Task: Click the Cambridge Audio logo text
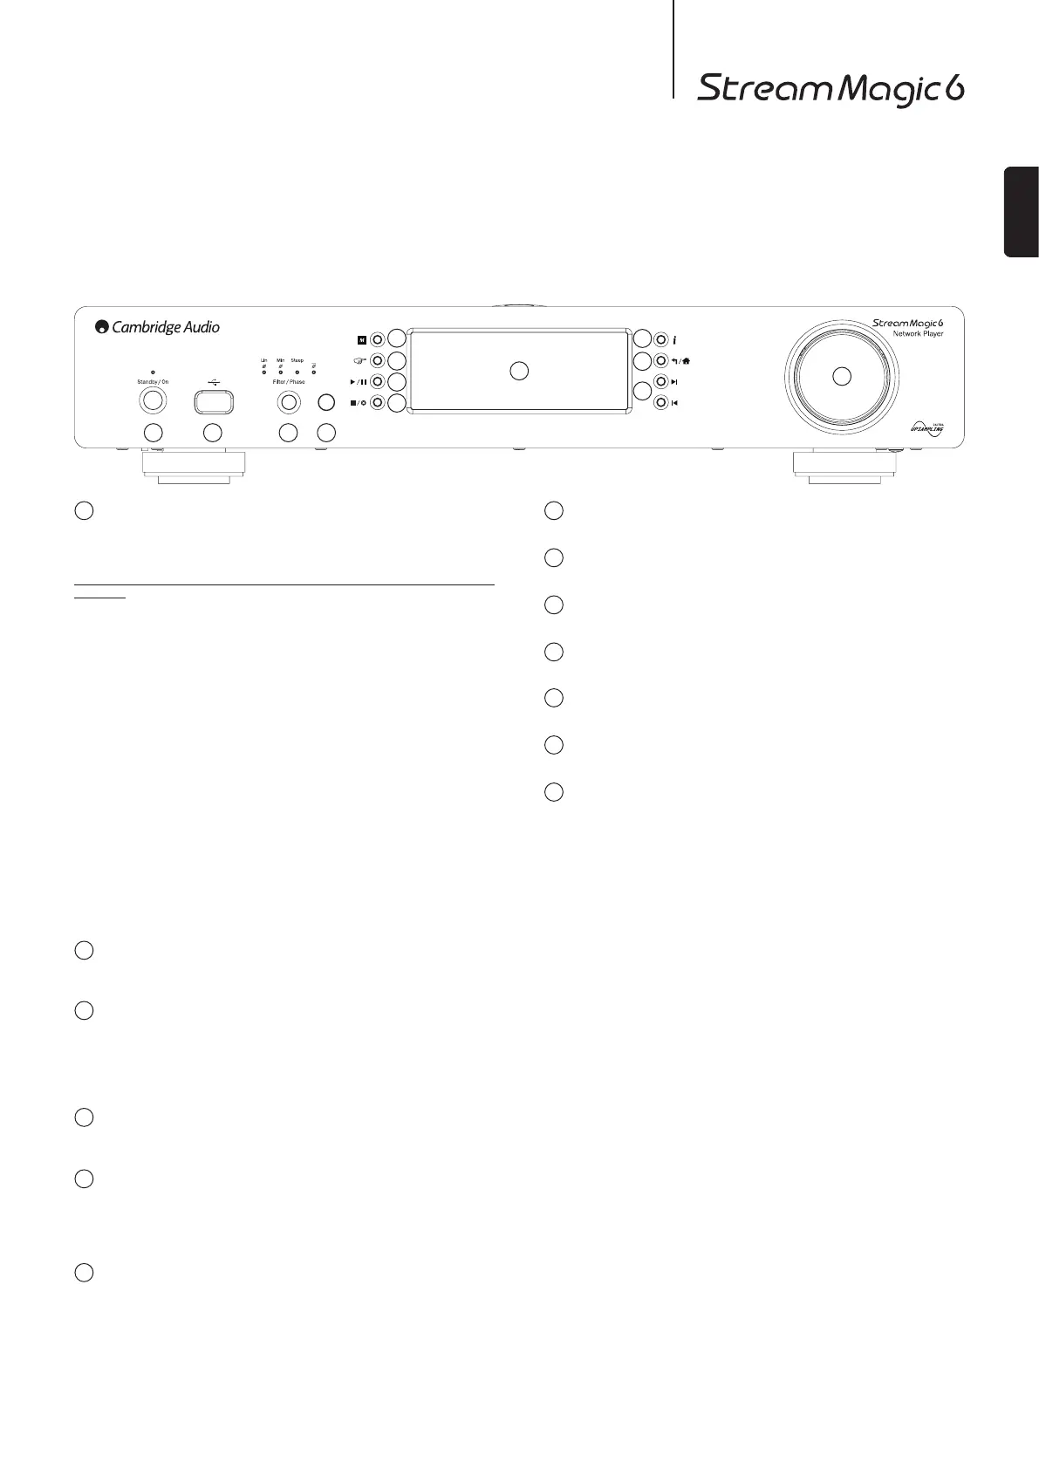click(158, 327)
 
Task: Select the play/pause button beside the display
click(377, 382)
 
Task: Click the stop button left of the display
click(377, 403)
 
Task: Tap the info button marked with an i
click(660, 339)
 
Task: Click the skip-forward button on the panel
click(660, 382)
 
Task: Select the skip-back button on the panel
click(660, 403)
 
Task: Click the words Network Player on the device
click(918, 334)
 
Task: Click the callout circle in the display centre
click(519, 371)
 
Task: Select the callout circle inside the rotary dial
click(840, 376)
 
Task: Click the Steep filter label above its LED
click(297, 360)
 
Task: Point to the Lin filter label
click(263, 360)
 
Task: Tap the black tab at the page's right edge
click(1022, 211)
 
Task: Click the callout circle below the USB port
click(212, 432)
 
